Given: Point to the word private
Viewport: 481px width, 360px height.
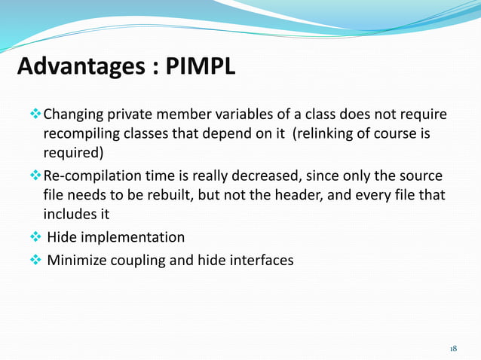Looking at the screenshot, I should coord(133,116).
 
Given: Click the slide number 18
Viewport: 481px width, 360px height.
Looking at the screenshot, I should coord(453,349).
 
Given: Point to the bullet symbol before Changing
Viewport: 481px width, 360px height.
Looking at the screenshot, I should coord(34,116).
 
